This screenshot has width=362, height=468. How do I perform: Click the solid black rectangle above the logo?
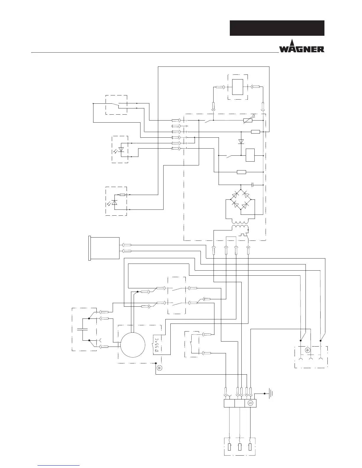click(277, 28)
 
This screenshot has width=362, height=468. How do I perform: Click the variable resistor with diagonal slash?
click(248, 120)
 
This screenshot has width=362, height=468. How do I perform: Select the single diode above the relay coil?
click(241, 142)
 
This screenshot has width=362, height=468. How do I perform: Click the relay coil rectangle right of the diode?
click(250, 155)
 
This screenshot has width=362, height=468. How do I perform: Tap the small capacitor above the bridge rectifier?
click(253, 185)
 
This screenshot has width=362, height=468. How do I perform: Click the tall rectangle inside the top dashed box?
click(237, 87)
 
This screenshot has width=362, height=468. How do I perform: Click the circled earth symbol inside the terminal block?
click(250, 403)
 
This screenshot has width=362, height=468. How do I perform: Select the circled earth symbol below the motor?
click(159, 368)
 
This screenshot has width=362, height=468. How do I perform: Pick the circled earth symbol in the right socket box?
click(308, 350)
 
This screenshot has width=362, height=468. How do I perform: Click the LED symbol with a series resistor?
click(115, 202)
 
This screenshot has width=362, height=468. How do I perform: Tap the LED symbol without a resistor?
click(120, 149)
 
